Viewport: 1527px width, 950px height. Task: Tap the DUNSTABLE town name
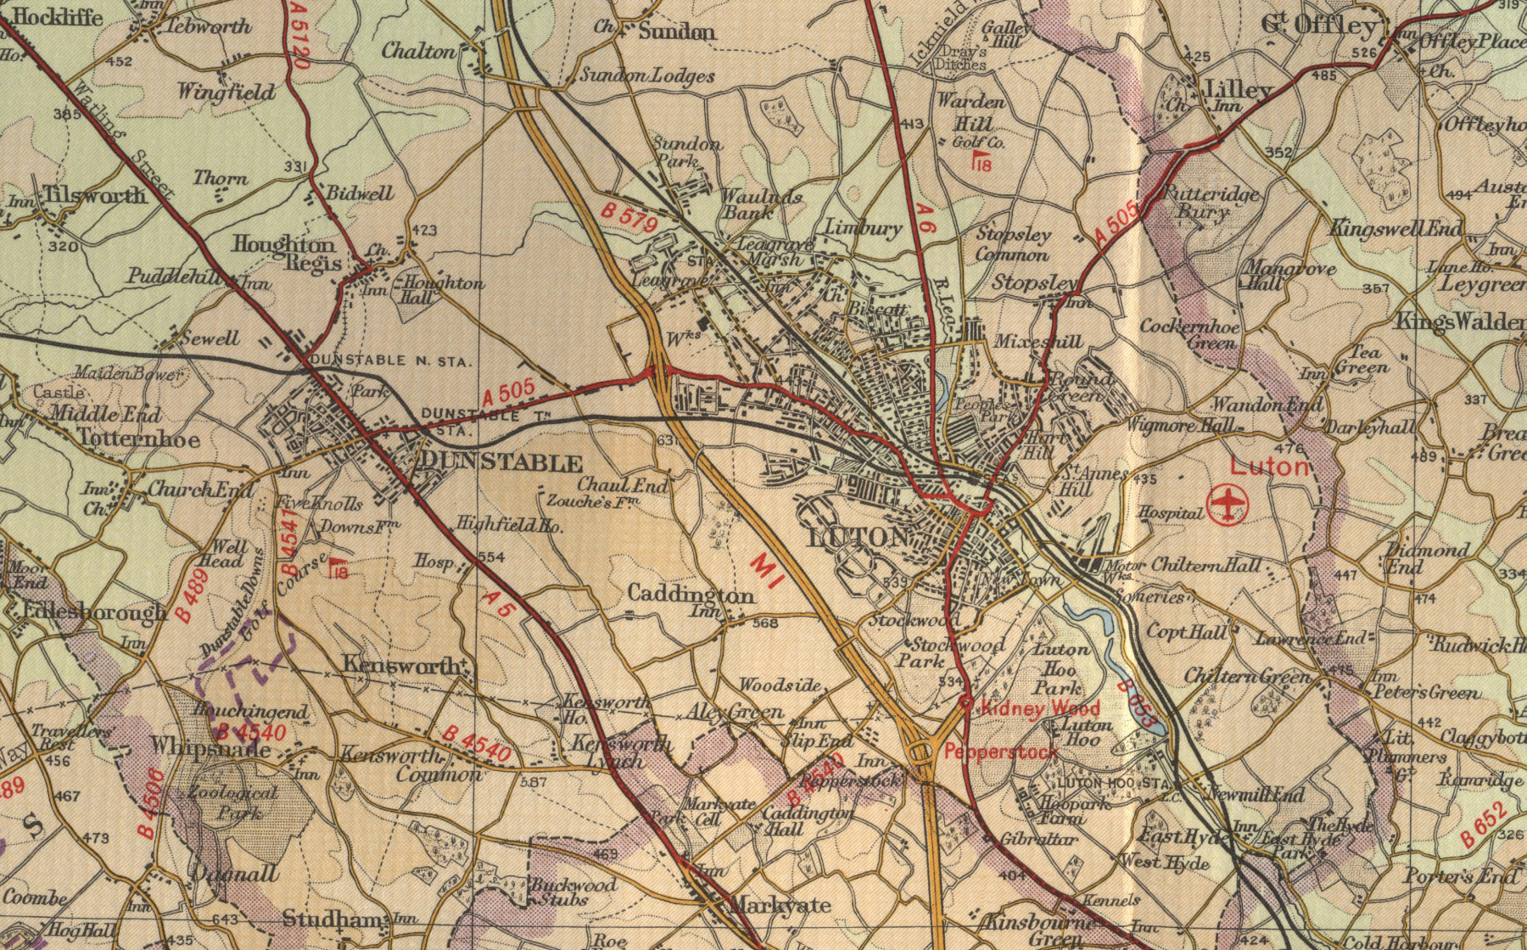pyautogui.click(x=501, y=462)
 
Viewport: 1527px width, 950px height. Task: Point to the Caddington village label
pyautogui.click(x=691, y=595)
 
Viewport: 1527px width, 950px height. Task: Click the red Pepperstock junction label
pyautogui.click(x=1001, y=752)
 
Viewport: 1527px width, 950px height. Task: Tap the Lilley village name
pyautogui.click(x=1238, y=89)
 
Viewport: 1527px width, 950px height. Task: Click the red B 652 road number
pyautogui.click(x=1485, y=824)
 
